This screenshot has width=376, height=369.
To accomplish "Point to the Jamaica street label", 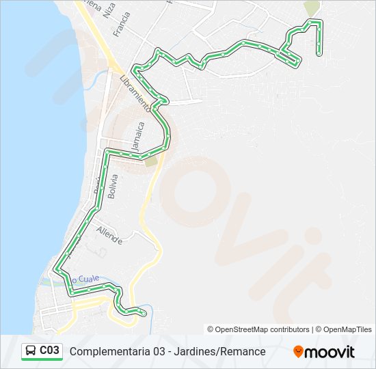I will pos(139,137).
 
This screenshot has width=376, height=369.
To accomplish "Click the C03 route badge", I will pos(42,351).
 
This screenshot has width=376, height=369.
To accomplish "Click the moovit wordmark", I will pos(331,352).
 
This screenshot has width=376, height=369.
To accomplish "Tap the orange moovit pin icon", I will pos(299,352).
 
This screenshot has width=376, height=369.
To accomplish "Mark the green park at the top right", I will pos(312,8).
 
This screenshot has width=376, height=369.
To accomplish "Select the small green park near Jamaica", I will pos(150,161).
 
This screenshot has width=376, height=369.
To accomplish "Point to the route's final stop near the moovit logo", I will pos(144,312).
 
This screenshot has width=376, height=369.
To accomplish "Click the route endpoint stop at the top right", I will pos(319,53).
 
